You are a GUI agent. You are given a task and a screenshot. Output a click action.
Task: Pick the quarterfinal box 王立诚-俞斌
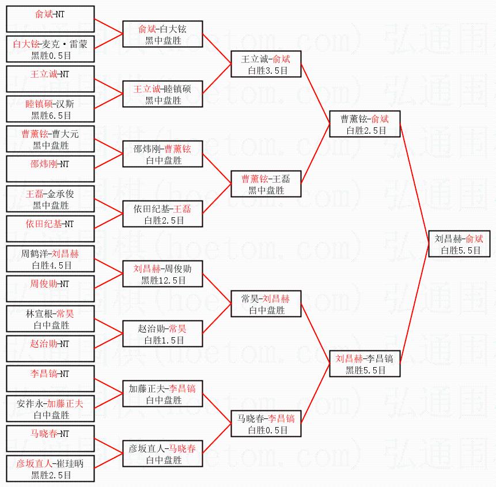click(266, 65)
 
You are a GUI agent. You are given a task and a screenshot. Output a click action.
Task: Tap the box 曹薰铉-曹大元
click(50, 139)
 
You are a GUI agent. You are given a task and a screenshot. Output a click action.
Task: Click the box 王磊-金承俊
click(50, 199)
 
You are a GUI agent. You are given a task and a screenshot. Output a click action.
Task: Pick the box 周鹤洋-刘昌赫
click(50, 259)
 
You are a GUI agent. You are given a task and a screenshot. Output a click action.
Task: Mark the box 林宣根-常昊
click(50, 319)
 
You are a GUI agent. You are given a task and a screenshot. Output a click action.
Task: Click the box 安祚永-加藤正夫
click(50, 409)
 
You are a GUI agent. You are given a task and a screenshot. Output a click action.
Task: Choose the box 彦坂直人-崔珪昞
click(50, 469)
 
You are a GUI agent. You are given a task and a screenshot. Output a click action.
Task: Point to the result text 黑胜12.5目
click(163, 281)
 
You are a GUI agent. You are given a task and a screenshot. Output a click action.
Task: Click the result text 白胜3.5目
click(266, 71)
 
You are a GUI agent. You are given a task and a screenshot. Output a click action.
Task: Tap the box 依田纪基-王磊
click(163, 214)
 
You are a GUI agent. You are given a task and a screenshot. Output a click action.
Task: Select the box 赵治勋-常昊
click(163, 334)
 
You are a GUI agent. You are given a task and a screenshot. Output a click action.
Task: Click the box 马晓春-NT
click(50, 439)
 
